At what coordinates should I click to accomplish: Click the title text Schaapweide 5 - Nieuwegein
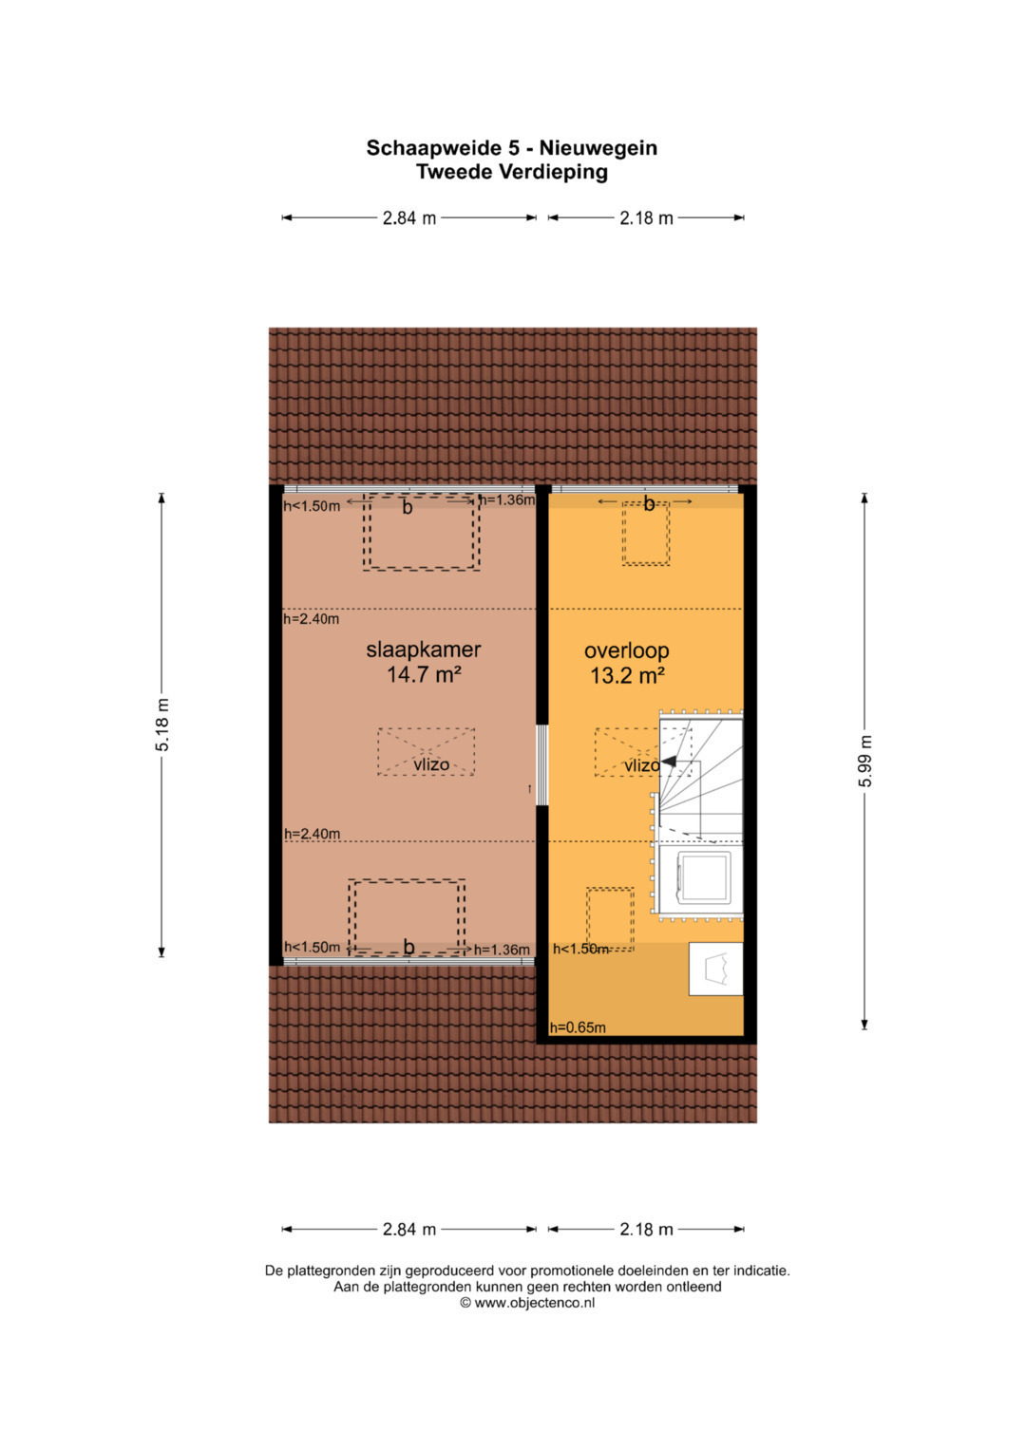[512, 148]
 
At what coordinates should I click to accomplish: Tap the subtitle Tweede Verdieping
[512, 172]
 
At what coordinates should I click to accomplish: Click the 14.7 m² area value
[424, 674]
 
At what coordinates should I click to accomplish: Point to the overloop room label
[626, 650]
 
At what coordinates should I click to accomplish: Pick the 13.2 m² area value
[627, 676]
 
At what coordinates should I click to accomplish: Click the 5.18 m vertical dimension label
[161, 725]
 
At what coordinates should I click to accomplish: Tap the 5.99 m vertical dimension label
[864, 761]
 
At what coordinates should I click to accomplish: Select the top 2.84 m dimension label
[409, 218]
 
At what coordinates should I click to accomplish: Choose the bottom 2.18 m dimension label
[646, 1230]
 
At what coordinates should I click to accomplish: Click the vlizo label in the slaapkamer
[431, 764]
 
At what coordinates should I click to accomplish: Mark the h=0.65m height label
[578, 1027]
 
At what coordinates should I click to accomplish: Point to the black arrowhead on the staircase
[668, 762]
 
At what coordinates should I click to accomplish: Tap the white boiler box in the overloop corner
[715, 969]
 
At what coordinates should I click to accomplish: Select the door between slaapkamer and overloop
[542, 765]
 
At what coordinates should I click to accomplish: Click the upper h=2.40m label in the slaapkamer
[312, 619]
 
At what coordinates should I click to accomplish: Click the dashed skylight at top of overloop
[646, 533]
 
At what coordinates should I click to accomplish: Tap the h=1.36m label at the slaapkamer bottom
[502, 950]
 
